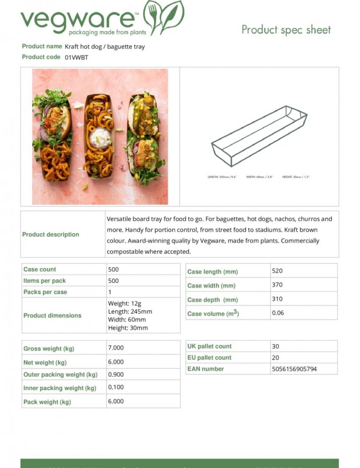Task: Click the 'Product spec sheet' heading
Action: (x=286, y=30)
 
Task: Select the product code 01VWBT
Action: (x=76, y=57)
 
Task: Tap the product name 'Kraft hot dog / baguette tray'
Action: (x=105, y=47)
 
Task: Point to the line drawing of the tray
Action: (x=259, y=136)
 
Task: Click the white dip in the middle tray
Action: (x=100, y=137)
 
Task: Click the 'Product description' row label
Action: (x=51, y=235)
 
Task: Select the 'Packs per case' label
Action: (x=45, y=292)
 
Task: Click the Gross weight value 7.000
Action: (x=115, y=348)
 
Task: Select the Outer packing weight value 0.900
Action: (x=115, y=374)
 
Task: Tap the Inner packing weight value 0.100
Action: (x=115, y=387)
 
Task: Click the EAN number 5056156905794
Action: (x=294, y=369)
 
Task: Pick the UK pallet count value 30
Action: (x=275, y=346)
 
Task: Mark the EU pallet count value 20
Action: (x=275, y=358)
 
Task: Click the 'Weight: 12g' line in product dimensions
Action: (x=124, y=304)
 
